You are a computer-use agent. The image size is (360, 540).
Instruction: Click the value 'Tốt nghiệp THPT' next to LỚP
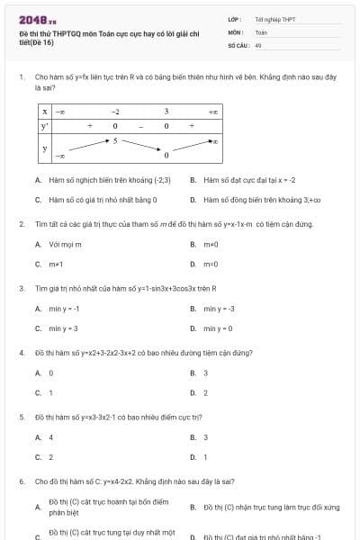[275, 19]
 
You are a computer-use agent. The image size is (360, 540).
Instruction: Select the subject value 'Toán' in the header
[261, 31]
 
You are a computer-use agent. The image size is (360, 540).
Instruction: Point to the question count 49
[258, 44]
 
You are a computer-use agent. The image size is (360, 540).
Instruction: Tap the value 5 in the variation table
[115, 140]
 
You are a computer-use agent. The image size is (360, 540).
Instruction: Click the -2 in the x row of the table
[115, 111]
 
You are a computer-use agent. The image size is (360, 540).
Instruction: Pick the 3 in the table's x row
[166, 111]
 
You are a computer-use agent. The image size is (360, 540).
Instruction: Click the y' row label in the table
[44, 125]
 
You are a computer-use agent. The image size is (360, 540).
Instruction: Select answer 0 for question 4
[50, 373]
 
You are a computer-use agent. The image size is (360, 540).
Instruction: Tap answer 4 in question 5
[50, 437]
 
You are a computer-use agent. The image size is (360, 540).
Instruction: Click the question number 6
[22, 481]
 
